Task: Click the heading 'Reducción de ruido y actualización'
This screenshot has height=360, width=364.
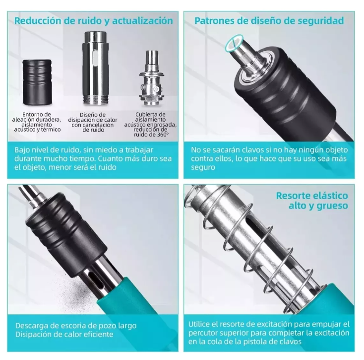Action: [x=94, y=21]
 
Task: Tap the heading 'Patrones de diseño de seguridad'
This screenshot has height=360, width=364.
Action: [x=269, y=21]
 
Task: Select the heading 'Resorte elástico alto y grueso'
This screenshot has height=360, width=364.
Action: [x=312, y=200]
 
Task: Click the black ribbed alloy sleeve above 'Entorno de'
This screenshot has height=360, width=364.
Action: [x=37, y=82]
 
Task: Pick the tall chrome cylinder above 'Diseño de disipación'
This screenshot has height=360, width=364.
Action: [x=95, y=68]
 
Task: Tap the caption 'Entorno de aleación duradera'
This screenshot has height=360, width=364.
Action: [x=37, y=117]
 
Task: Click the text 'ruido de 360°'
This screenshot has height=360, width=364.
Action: [x=151, y=135]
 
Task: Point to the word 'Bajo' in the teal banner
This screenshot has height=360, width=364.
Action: [x=22, y=150]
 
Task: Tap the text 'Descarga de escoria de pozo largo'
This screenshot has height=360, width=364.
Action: [x=76, y=326]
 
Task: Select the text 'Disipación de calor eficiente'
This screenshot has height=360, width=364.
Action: [x=64, y=335]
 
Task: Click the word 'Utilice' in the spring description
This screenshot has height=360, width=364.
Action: [x=199, y=324]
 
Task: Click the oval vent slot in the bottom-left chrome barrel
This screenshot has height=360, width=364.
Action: [x=96, y=279]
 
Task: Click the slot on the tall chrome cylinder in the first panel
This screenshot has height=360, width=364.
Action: [x=95, y=58]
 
